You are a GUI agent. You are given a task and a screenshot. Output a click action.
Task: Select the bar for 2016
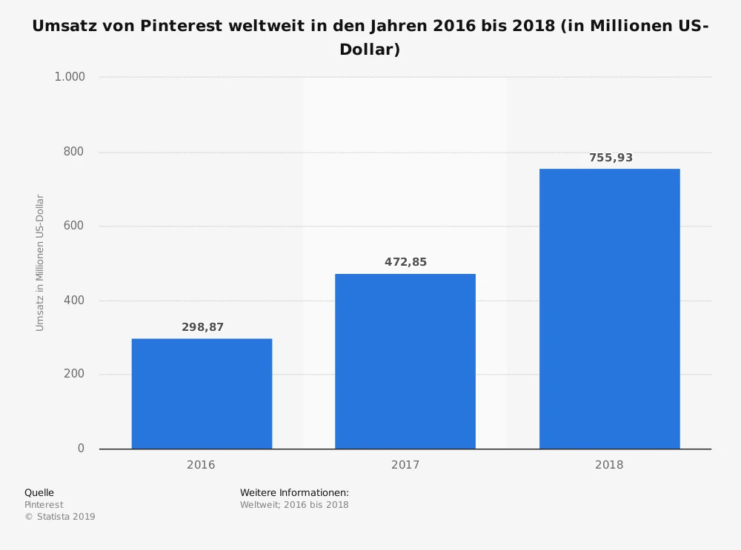(202, 393)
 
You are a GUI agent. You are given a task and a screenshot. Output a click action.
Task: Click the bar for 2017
(405, 361)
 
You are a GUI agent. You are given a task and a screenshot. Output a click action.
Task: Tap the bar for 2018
(609, 309)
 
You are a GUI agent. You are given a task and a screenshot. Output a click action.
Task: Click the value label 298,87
(202, 327)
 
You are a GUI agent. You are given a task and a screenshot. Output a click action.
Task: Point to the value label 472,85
(405, 262)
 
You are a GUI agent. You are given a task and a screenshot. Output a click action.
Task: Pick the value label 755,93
(611, 158)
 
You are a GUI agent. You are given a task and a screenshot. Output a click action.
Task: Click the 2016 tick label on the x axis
(201, 465)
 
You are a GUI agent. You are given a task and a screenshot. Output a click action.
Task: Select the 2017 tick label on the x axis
(405, 465)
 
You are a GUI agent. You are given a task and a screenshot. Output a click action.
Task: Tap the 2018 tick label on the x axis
(609, 465)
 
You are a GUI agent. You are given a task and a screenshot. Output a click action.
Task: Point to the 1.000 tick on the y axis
(70, 77)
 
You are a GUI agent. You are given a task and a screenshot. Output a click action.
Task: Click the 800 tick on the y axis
(74, 152)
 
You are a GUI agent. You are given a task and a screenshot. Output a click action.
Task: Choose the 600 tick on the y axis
(74, 226)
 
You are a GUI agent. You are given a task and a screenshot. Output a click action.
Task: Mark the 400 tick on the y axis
(74, 301)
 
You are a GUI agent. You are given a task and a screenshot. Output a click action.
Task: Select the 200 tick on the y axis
(74, 375)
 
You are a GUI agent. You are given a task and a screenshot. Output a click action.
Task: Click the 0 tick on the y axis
(81, 449)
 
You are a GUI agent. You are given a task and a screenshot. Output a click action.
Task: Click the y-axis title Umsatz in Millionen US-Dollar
(40, 263)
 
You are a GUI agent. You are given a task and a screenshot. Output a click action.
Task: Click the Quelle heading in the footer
(39, 492)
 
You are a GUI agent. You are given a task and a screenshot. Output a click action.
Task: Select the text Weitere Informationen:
(294, 492)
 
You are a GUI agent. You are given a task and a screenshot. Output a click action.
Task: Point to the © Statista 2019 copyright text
(60, 517)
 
